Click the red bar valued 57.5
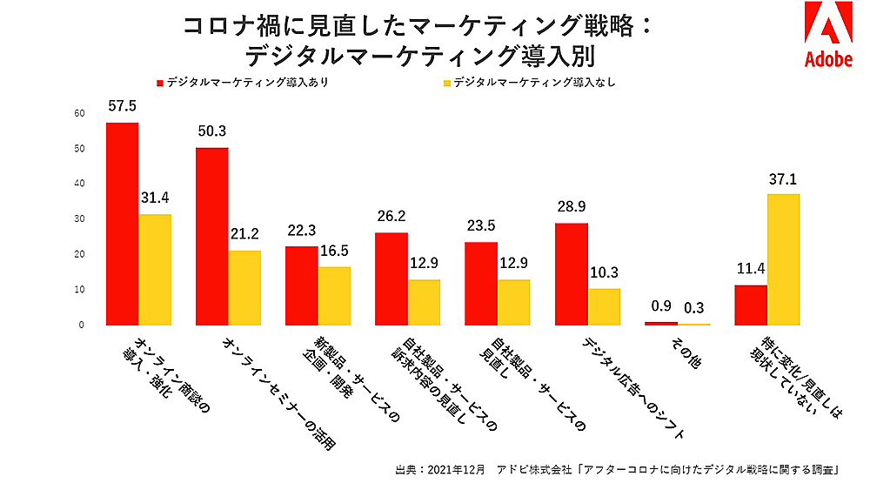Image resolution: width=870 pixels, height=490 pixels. click(x=122, y=224)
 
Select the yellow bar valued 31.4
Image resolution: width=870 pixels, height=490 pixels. click(x=155, y=270)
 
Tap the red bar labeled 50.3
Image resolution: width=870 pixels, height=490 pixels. click(x=211, y=237)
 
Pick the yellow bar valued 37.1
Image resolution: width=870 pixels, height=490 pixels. click(x=783, y=259)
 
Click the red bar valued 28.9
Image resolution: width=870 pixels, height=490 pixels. click(x=571, y=274)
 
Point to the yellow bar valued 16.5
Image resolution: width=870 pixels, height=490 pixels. click(x=334, y=296)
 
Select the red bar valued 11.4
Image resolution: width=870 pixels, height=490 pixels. click(x=750, y=305)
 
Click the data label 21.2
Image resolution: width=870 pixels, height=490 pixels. click(x=244, y=235)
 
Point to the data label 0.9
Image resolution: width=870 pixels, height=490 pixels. click(x=660, y=306)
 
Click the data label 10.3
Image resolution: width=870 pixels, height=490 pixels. click(x=603, y=272)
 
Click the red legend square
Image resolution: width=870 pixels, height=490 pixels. click(x=160, y=84)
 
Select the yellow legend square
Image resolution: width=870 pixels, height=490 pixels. click(x=447, y=84)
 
